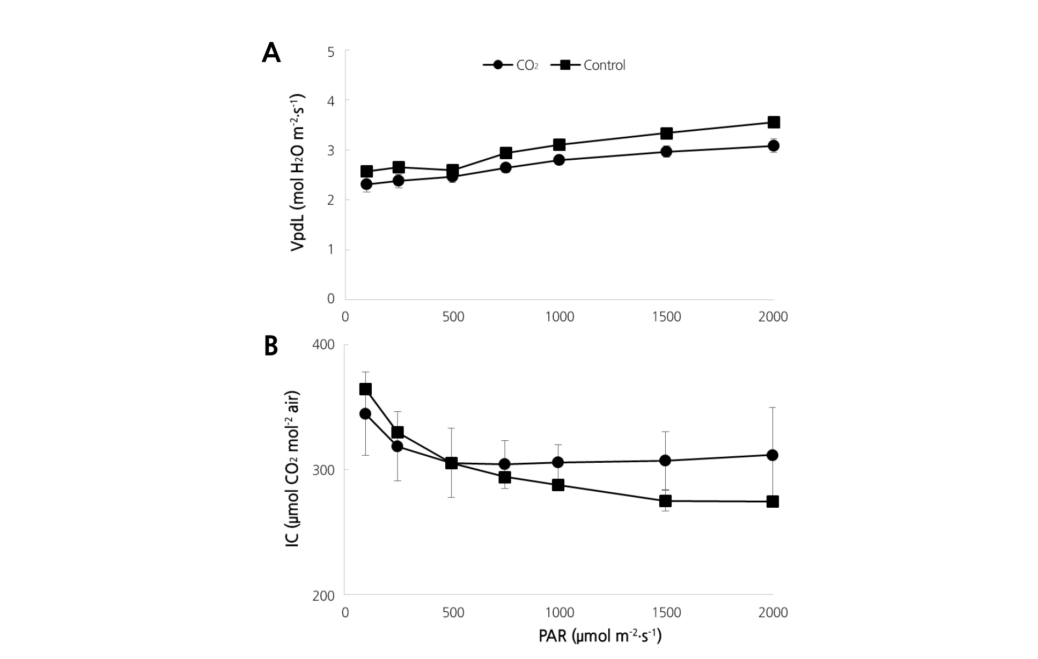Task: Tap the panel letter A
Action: (x=271, y=54)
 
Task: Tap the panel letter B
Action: (x=271, y=346)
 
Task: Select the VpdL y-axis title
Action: (x=298, y=173)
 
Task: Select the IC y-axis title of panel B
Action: (x=293, y=470)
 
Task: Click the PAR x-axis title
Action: (x=600, y=636)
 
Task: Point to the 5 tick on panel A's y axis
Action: (x=330, y=52)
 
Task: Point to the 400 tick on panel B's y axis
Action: (x=323, y=345)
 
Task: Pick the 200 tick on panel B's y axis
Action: (x=323, y=596)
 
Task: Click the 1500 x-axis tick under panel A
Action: (x=666, y=317)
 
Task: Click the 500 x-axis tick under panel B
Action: (x=453, y=613)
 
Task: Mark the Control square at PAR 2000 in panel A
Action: (x=774, y=122)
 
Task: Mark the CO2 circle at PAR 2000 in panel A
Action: (x=774, y=146)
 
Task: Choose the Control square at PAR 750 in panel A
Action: (x=506, y=153)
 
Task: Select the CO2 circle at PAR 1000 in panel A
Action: (x=559, y=160)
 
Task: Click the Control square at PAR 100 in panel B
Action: (x=365, y=389)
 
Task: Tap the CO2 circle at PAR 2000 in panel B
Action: (x=772, y=455)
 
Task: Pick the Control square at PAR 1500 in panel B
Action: (x=666, y=501)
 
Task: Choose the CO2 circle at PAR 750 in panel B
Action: (x=504, y=464)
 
